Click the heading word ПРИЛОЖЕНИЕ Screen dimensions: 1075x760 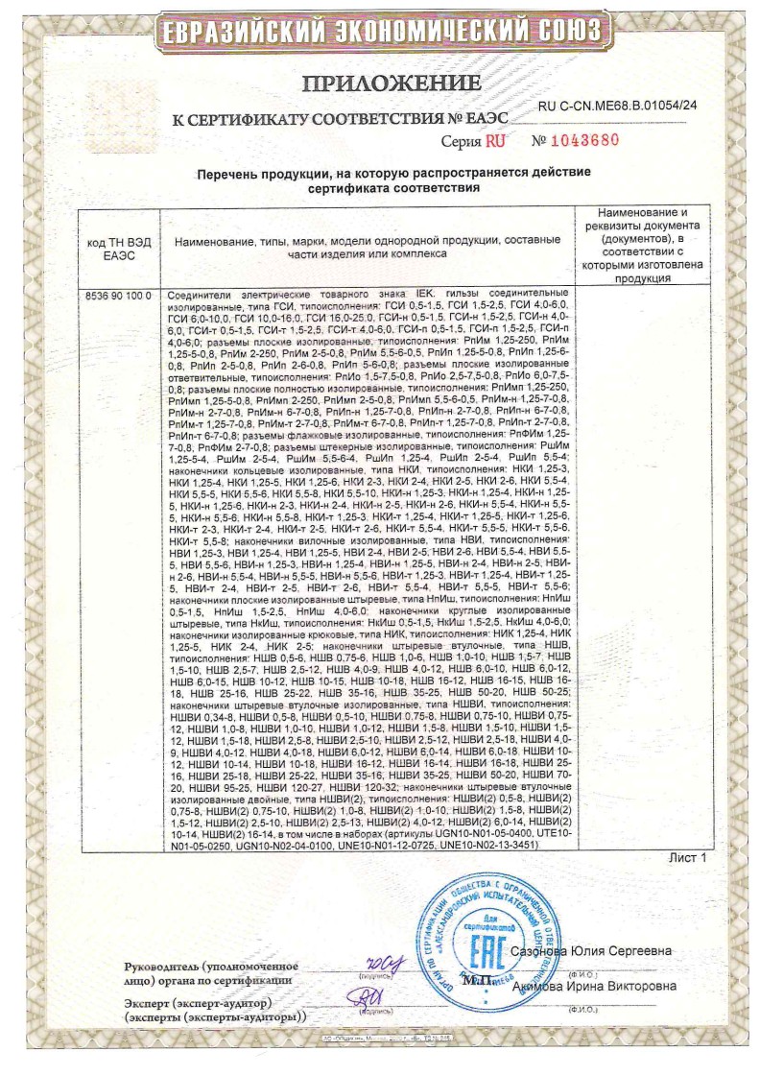point(391,84)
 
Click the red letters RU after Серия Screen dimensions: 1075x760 point(495,140)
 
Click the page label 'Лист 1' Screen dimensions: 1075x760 point(687,857)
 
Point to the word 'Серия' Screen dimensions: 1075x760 point(461,141)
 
